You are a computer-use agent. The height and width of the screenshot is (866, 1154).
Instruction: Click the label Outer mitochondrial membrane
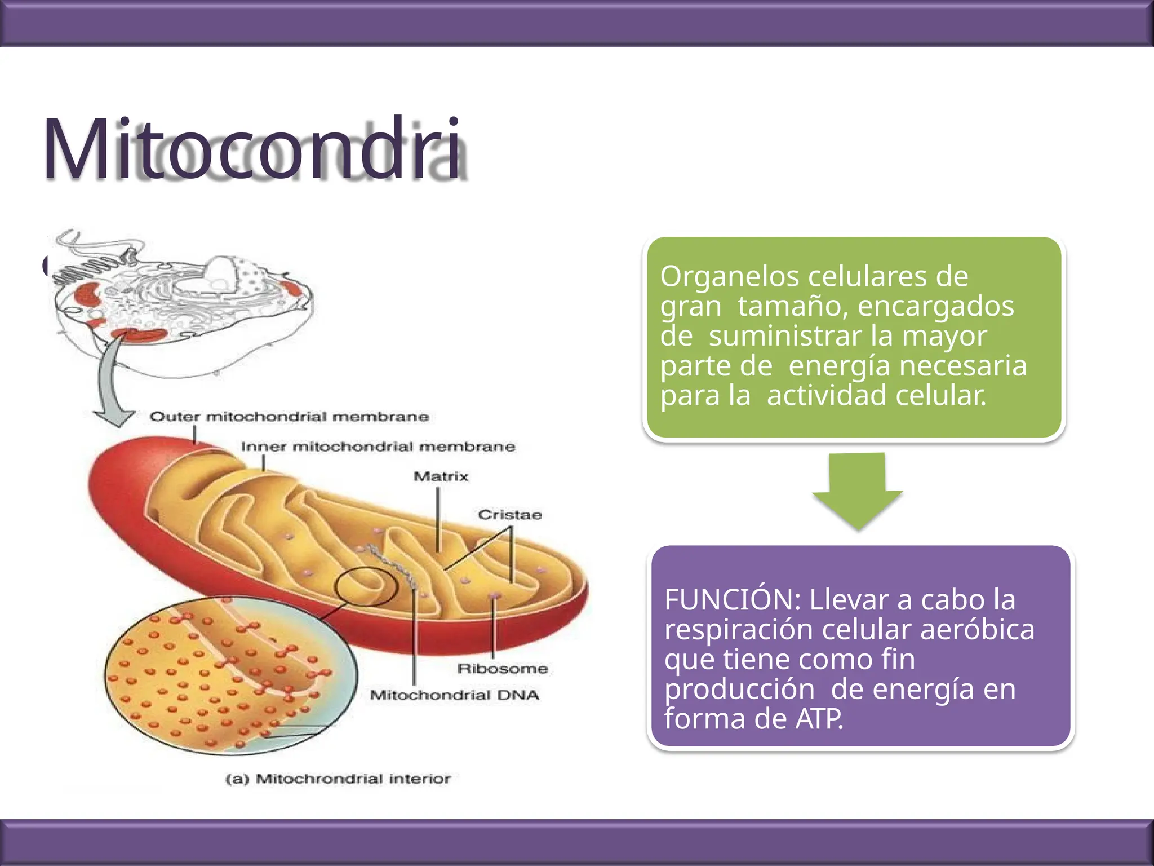coord(289,417)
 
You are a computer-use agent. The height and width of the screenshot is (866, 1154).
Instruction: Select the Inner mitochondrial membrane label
coord(378,447)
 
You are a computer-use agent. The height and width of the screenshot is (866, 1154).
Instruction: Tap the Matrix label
coord(441,477)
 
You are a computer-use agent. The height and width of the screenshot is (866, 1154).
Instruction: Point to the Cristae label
coord(510,515)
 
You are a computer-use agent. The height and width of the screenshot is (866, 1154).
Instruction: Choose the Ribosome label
coord(502,669)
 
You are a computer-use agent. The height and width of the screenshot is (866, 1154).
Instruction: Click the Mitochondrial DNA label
coord(454,695)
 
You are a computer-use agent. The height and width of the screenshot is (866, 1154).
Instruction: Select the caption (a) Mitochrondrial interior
coord(338,779)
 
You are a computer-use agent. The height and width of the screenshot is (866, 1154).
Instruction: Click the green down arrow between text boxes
coord(857,491)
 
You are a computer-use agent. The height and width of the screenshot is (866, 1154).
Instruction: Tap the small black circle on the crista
coord(366,586)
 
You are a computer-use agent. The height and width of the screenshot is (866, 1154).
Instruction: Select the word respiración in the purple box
coord(739,630)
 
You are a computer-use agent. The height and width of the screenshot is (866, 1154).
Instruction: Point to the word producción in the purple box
coord(739,689)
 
